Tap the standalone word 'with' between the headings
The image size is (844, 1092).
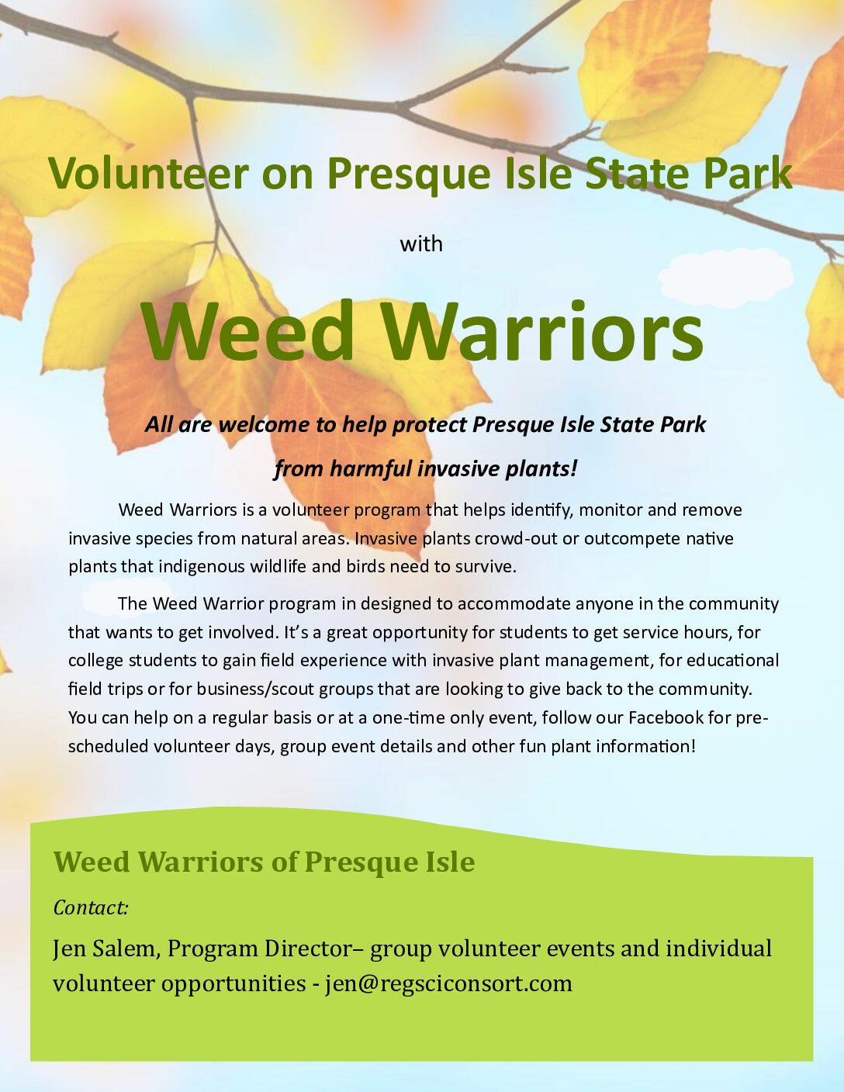coord(421,244)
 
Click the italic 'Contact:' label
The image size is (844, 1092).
coord(91,907)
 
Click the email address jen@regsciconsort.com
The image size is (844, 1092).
coord(449,984)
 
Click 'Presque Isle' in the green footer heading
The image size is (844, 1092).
coord(389,862)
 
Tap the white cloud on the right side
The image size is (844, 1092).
coord(726,278)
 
